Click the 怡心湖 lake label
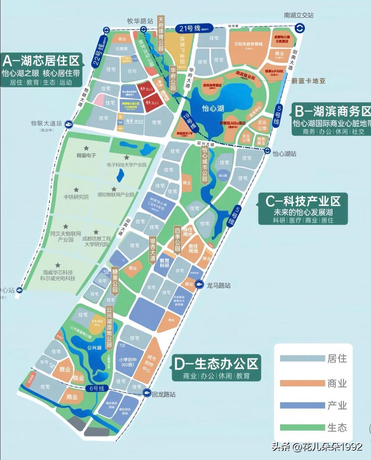click(213, 108)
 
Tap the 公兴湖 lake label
click(94, 348)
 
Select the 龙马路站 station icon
click(199, 284)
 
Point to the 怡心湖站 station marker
click(267, 151)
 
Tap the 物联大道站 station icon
click(69, 123)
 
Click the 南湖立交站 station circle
click(300, 28)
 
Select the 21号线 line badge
click(190, 28)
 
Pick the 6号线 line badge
click(97, 389)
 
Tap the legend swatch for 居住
click(302, 359)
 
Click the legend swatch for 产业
click(302, 405)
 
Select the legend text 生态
click(337, 428)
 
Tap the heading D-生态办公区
click(216, 364)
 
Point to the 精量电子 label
click(86, 155)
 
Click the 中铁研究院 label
click(76, 197)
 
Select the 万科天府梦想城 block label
click(248, 44)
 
